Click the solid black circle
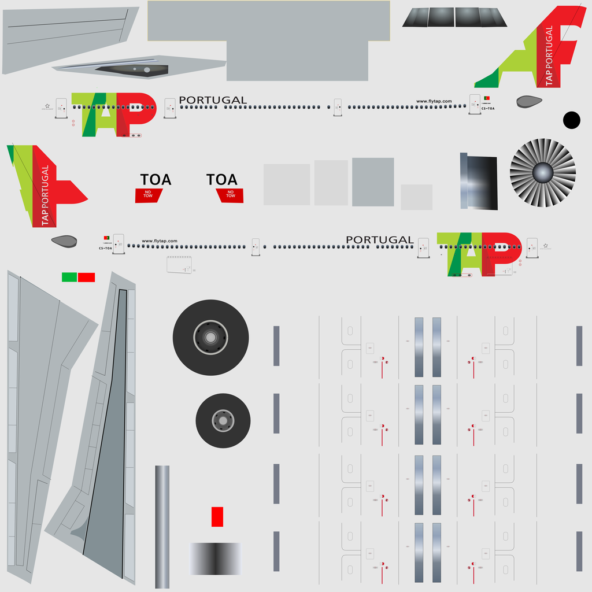[x=571, y=120]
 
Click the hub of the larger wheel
[x=210, y=337]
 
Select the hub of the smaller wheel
[x=223, y=420]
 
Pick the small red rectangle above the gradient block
[x=217, y=516]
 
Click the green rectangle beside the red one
[x=69, y=277]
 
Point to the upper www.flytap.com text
[x=434, y=101]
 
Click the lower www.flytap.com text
[x=159, y=241]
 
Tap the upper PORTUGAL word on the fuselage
[x=213, y=100]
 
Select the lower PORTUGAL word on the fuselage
[x=379, y=240]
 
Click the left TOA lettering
[x=156, y=180]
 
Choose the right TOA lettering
[x=222, y=180]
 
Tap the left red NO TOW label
[x=148, y=195]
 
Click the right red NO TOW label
[x=230, y=195]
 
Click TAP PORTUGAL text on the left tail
[x=45, y=195]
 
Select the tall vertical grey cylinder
[x=162, y=527]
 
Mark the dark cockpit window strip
[x=454, y=17]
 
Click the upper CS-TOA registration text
[x=487, y=109]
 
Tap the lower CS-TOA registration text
[x=105, y=248]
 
